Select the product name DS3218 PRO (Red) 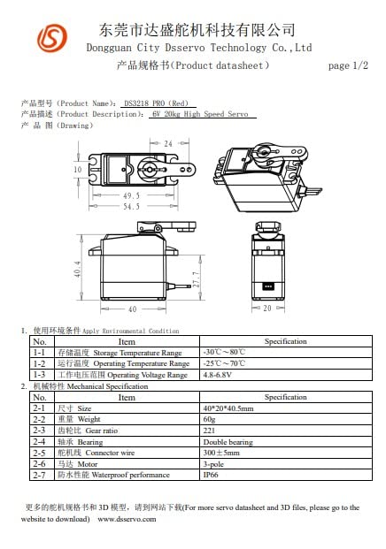tap(156, 103)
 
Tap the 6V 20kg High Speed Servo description tap(200, 114)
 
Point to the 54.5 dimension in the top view tap(131, 206)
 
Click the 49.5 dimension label tap(131, 195)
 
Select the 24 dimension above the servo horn tap(168, 142)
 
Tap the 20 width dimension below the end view tap(267, 309)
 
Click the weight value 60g tap(209, 419)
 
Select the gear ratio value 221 tap(209, 431)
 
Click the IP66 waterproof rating tap(212, 475)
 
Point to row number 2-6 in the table tap(39, 463)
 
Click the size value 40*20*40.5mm tap(228, 408)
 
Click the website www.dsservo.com tap(127, 519)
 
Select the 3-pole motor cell tap(213, 463)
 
